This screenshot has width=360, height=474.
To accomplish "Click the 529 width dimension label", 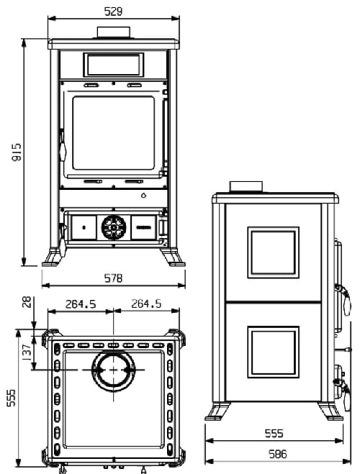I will click(113, 12).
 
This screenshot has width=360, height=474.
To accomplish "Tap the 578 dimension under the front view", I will click(113, 278).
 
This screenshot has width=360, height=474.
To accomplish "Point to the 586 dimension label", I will click(277, 454).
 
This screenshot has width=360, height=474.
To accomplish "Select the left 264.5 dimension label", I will click(81, 304).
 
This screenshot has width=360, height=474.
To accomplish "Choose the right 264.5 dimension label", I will click(146, 304).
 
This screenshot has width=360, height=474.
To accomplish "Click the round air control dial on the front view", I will click(113, 227).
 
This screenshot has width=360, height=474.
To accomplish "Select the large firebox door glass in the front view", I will click(113, 135).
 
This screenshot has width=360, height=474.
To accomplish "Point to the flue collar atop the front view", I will click(114, 33).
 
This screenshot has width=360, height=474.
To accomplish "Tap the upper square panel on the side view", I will click(273, 252).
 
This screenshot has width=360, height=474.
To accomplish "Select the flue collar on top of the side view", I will click(246, 188).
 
